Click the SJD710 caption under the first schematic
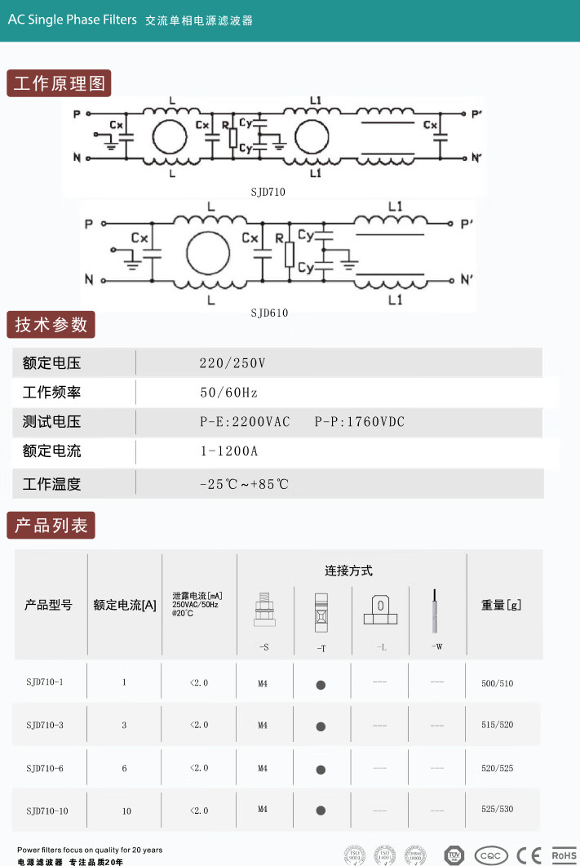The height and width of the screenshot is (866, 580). point(268,192)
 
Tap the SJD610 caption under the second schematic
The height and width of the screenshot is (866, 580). point(269,313)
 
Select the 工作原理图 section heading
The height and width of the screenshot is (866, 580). point(60,84)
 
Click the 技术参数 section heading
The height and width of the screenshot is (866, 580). point(51,325)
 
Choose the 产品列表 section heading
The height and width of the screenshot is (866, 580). point(51,525)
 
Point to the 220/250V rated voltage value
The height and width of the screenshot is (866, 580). point(232,363)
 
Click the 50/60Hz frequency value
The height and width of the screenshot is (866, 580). point(228,393)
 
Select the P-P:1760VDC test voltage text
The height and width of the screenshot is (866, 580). point(360,422)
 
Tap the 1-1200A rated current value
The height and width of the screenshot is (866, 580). point(228,451)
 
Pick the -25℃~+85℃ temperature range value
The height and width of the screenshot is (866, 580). point(245,484)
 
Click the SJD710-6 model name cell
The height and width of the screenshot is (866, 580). point(45,768)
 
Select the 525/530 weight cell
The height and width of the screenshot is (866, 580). point(498,809)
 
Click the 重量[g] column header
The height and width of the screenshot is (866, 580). point(501,605)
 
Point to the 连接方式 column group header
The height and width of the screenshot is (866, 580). point(348,571)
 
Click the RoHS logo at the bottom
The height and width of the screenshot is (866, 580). point(564,855)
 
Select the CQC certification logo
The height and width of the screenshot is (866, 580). point(491,855)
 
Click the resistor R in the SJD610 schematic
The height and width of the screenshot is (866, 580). point(289,254)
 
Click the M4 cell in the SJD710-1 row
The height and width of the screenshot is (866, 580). point(263,684)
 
